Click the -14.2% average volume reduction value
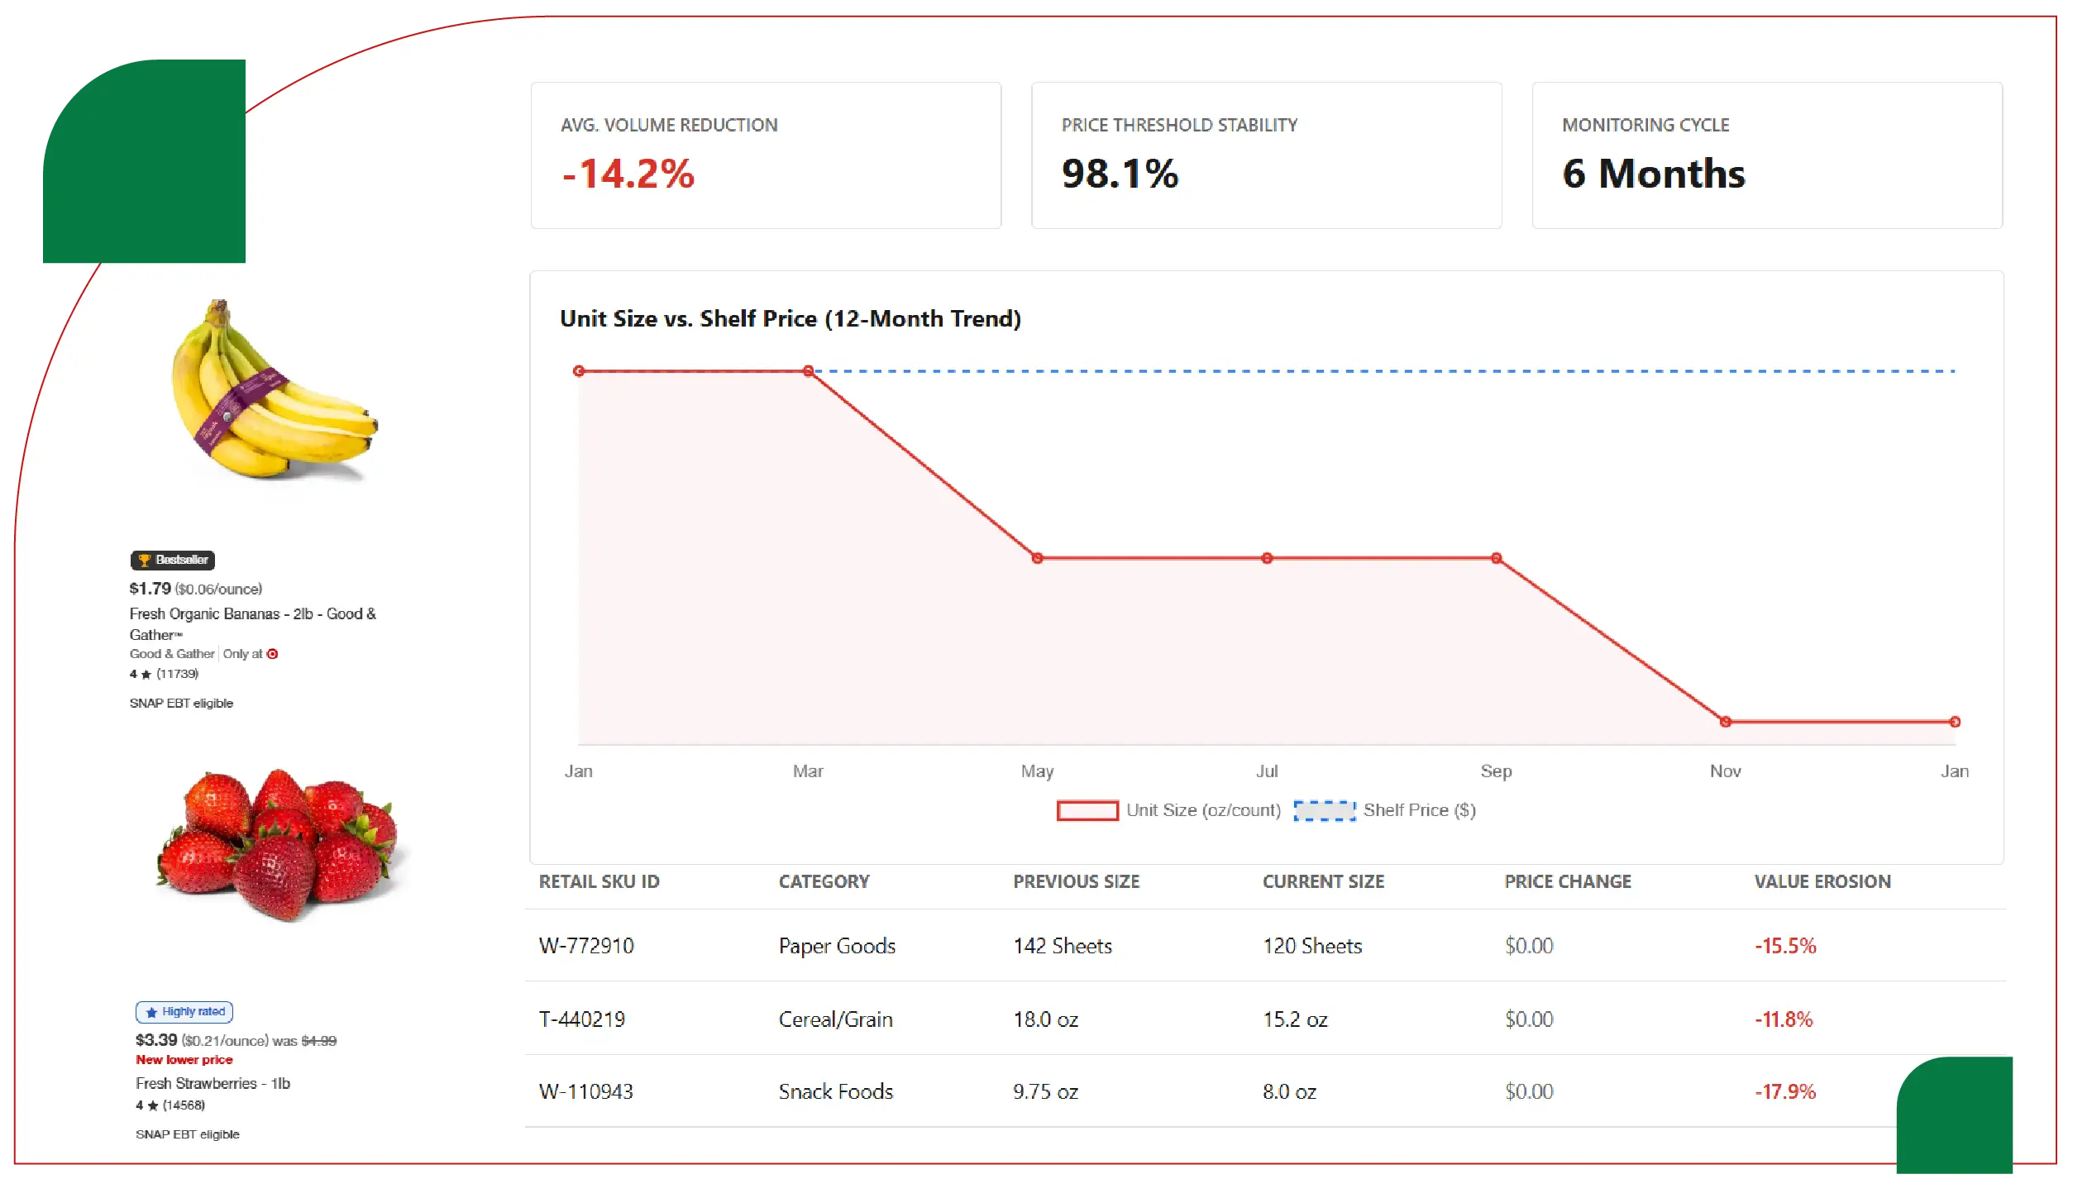pos(628,174)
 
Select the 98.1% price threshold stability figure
pos(1120,174)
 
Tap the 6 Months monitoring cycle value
pos(1653,174)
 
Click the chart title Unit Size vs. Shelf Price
pos(790,319)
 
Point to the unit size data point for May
pos(1037,558)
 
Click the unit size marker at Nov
pos(1725,722)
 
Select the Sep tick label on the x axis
pos(1496,771)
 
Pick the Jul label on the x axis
pos(1267,771)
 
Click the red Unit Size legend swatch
pos(1087,810)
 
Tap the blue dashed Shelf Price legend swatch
pos(1324,810)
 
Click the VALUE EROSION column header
pos(1822,881)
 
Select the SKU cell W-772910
pos(586,946)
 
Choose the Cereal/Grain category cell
pos(835,1019)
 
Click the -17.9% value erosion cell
pos(1784,1092)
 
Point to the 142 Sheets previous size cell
pos(1063,946)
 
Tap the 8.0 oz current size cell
pos(1289,1092)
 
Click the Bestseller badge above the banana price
pos(173,560)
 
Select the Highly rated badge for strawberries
pos(184,1012)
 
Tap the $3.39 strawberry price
pos(156,1040)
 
